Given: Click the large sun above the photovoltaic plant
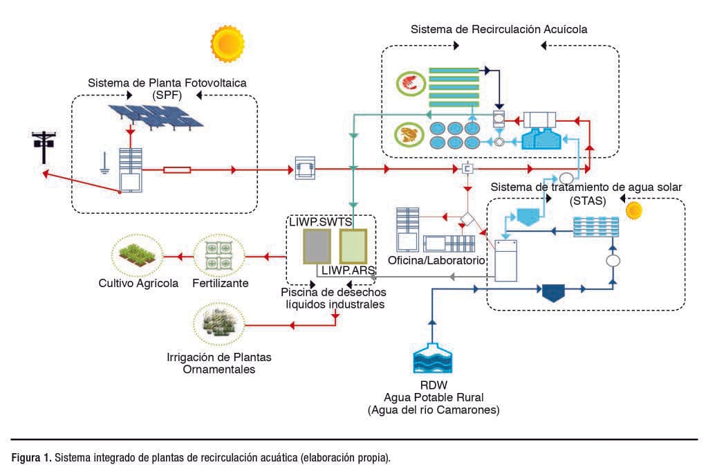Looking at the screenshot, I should tap(228, 43).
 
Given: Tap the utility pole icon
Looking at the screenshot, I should tap(43, 146).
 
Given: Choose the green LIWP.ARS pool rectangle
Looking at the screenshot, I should tap(353, 246).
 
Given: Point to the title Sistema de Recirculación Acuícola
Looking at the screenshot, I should tap(499, 29).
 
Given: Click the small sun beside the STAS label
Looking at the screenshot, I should tap(633, 210).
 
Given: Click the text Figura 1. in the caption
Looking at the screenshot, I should tap(31, 457).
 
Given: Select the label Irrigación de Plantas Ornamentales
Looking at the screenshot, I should tap(219, 363).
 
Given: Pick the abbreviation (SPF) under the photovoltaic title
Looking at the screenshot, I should tap(167, 95).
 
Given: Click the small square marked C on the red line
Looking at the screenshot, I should tap(467, 169).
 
